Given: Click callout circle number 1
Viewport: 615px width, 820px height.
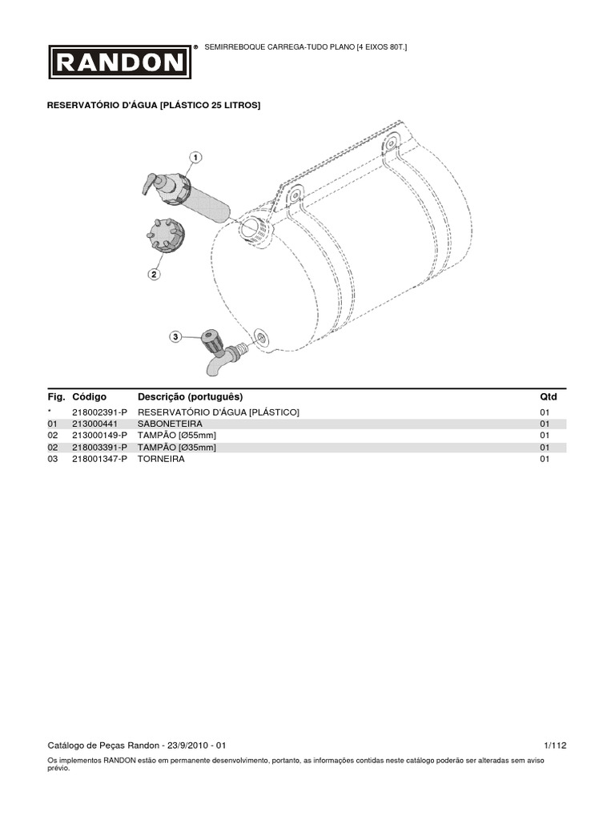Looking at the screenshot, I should click(x=195, y=157).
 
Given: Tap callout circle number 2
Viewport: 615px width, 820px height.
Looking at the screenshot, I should click(x=154, y=274).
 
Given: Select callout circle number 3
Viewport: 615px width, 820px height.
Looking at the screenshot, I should click(x=175, y=338).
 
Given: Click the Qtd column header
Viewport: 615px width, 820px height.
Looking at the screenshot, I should click(x=549, y=396).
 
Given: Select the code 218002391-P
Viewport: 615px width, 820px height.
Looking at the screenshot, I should click(x=99, y=412).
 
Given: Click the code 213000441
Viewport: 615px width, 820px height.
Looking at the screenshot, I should click(x=94, y=424).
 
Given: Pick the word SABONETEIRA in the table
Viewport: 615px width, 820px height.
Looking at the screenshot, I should click(x=170, y=424).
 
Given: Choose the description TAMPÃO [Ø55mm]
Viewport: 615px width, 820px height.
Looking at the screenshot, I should click(x=177, y=436).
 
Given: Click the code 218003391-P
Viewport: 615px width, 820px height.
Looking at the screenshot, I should click(x=99, y=448).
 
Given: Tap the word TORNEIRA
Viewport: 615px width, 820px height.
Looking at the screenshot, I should click(x=161, y=460).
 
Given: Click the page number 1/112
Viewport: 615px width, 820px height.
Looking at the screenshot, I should click(x=554, y=745).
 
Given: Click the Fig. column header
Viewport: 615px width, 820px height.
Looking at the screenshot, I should click(x=55, y=396).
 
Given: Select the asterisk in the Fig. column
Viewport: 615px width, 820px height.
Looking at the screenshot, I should click(x=50, y=412).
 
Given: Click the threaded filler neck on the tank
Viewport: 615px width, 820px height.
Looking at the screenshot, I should click(x=257, y=227).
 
